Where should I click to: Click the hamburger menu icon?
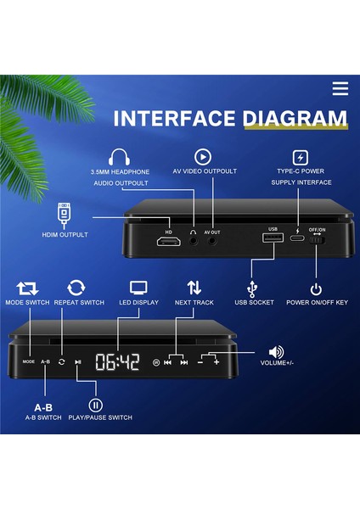pyautogui.click(x=340, y=89)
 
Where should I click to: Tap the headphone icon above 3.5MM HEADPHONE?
pyautogui.click(x=118, y=157)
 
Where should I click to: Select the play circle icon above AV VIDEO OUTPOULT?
pyautogui.click(x=202, y=157)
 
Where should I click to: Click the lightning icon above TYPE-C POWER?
pyautogui.click(x=300, y=157)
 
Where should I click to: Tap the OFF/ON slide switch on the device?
pyautogui.click(x=317, y=244)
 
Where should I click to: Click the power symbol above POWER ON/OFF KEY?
pyautogui.click(x=317, y=289)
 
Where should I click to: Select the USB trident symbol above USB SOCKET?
pyautogui.click(x=252, y=289)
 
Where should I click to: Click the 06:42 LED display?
pyautogui.click(x=117, y=362)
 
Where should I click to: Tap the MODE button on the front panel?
pyautogui.click(x=28, y=362)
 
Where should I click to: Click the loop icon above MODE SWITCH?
pyautogui.click(x=27, y=288)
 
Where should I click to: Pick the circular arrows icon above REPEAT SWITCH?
pyautogui.click(x=76, y=288)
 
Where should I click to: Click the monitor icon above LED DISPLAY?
pyautogui.click(x=138, y=288)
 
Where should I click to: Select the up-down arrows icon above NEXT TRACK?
pyautogui.click(x=194, y=288)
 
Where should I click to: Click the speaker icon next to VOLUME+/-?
pyautogui.click(x=276, y=352)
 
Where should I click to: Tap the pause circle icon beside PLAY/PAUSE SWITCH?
pyautogui.click(x=96, y=405)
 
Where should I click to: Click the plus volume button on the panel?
pyautogui.click(x=217, y=362)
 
